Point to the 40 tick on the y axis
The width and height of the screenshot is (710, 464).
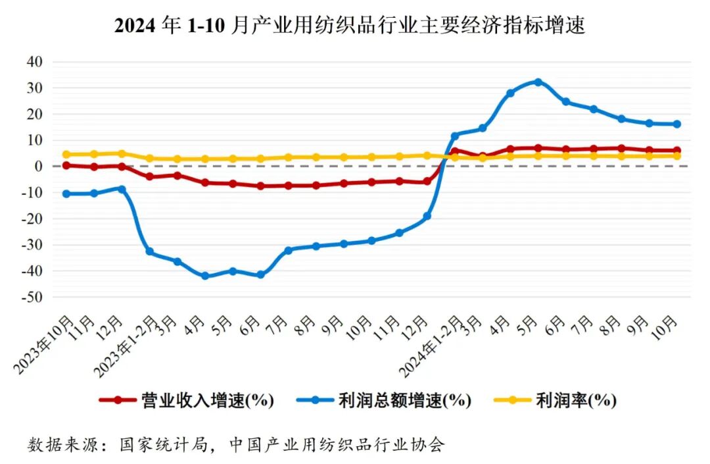(34, 61)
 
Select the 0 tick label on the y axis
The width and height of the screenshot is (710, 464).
(38, 166)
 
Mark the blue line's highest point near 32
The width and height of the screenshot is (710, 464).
(538, 82)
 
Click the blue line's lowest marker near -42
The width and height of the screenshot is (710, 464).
(205, 276)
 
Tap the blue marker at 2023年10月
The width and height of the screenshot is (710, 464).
(66, 193)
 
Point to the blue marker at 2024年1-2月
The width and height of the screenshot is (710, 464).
(454, 136)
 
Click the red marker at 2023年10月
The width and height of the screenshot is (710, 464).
(66, 165)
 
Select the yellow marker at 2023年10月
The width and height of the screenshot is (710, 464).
(66, 155)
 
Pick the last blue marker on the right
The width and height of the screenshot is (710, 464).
(676, 124)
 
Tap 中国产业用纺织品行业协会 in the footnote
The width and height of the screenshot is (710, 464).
(337, 445)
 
